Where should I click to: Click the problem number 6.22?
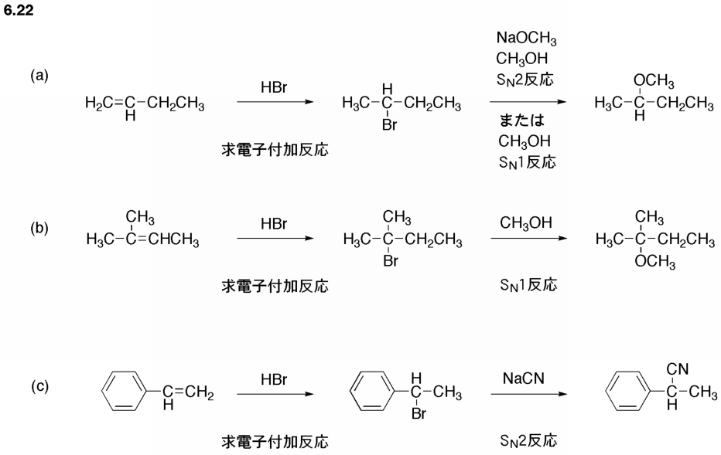pyautogui.click(x=19, y=10)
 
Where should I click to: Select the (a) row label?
pyautogui.click(x=39, y=75)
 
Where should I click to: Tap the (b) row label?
pyautogui.click(x=39, y=228)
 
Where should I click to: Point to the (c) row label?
pyautogui.click(x=39, y=386)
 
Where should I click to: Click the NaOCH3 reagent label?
pyautogui.click(x=527, y=38)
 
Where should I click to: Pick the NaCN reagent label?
pyautogui.click(x=524, y=379)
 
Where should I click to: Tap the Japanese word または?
pyautogui.click(x=522, y=121)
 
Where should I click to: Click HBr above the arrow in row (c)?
pyautogui.click(x=274, y=379)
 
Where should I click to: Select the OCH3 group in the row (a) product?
pyautogui.click(x=654, y=81)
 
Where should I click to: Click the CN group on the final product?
pyautogui.click(x=678, y=368)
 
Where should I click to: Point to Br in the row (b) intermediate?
pyautogui.click(x=391, y=261)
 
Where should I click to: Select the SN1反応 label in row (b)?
pyautogui.click(x=528, y=285)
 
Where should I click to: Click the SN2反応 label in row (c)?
pyautogui.click(x=528, y=441)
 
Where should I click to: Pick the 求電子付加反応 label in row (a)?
pyautogui.click(x=275, y=150)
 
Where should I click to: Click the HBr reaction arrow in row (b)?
pyautogui.click(x=275, y=238)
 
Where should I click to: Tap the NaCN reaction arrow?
pyautogui.click(x=529, y=394)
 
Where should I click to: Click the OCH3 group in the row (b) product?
pyautogui.click(x=654, y=262)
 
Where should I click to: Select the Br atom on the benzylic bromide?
pyautogui.click(x=419, y=414)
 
